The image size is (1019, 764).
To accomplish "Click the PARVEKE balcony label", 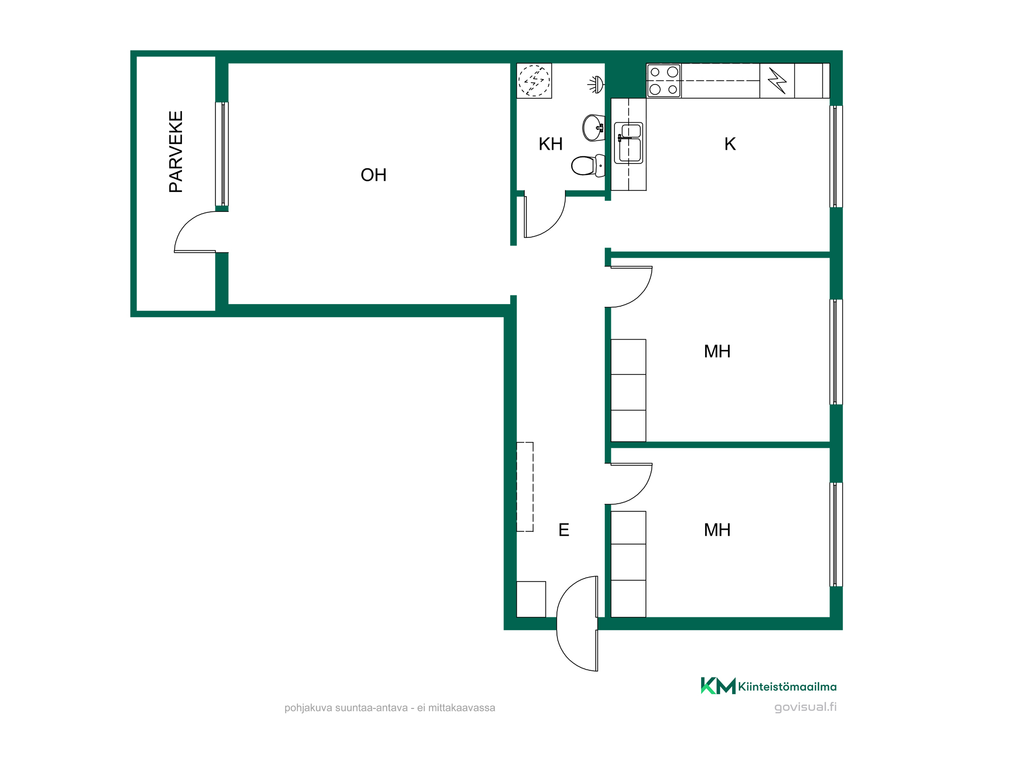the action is pyautogui.click(x=176, y=152).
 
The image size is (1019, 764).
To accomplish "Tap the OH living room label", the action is pyautogui.click(x=373, y=175).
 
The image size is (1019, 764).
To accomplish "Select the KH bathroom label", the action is pyautogui.click(x=550, y=144).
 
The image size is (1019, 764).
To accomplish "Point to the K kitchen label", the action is pyautogui.click(x=730, y=144).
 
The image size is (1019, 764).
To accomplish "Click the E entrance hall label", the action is pyautogui.click(x=564, y=530).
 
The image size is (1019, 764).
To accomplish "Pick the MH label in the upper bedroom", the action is pyautogui.click(x=717, y=351).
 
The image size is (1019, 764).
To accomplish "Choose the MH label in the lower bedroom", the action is pyautogui.click(x=717, y=530).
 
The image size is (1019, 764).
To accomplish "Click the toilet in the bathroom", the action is pyautogui.click(x=588, y=166).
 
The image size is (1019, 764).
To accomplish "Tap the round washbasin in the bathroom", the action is pyautogui.click(x=594, y=128).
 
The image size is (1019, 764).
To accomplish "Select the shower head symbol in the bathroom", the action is pyautogui.click(x=596, y=85).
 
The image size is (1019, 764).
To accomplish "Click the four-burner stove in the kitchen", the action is pyautogui.click(x=663, y=80).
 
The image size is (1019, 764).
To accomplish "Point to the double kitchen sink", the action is pyautogui.click(x=629, y=143).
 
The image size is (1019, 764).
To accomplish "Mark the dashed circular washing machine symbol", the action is pyautogui.click(x=534, y=80).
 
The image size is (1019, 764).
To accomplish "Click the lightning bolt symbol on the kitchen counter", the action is pyautogui.click(x=777, y=80).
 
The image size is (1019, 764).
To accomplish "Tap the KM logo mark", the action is pyautogui.click(x=718, y=686).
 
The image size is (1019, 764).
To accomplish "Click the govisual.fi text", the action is pyautogui.click(x=805, y=707).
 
